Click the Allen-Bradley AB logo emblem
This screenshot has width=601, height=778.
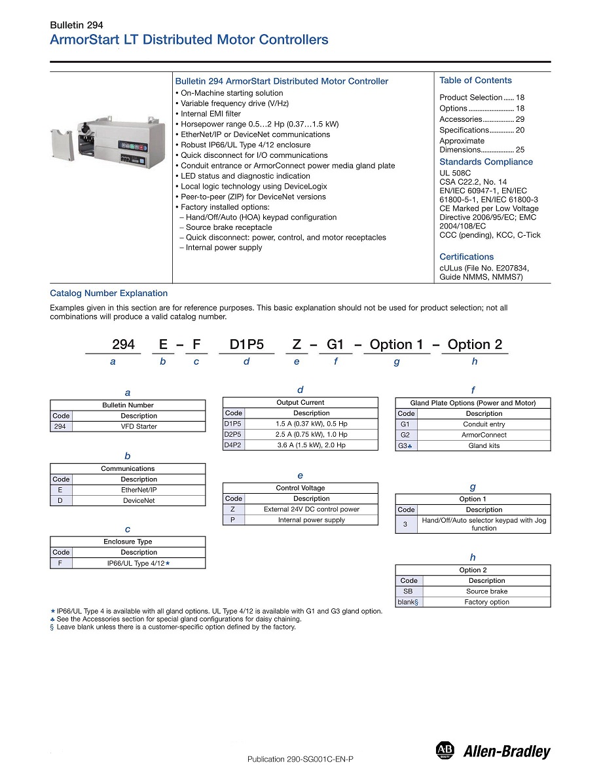pos(445,750)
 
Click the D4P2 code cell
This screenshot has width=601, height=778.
pos(233,445)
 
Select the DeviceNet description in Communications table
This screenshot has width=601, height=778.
pos(139,501)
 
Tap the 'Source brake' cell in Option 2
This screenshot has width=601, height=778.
pos(486,591)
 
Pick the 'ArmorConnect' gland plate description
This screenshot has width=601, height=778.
pos(484,435)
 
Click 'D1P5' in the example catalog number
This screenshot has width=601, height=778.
pos(246,344)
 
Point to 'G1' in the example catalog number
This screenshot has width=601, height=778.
pos(335,344)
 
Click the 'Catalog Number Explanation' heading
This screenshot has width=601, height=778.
pos(109,293)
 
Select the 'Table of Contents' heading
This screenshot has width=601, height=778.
pos(475,81)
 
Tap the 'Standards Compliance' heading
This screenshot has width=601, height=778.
pos(486,162)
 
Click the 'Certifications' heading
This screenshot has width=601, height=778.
pos(466,257)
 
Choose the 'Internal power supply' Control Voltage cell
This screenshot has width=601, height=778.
pos(312,520)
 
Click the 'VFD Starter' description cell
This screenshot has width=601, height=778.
pos(139,426)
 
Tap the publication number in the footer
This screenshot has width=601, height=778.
pos(300,759)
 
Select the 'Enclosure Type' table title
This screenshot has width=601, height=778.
pos(128,542)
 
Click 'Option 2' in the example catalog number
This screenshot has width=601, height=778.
pos(475,344)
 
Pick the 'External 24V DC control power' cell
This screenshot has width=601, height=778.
pos(312,509)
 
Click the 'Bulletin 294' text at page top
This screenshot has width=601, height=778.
pos(77,26)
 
